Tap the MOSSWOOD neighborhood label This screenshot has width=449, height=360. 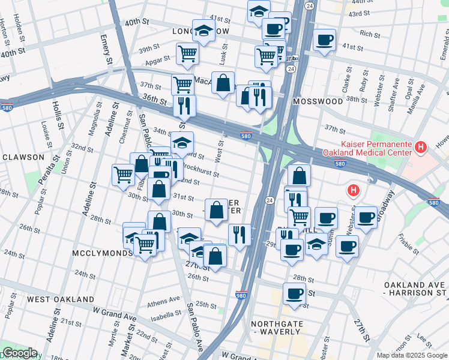click(x=318, y=101)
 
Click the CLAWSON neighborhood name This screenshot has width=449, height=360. click(x=23, y=157)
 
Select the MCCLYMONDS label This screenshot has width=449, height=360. click(x=102, y=253)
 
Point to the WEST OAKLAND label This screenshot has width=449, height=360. click(x=61, y=299)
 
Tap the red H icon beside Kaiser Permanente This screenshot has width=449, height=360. click(x=420, y=146)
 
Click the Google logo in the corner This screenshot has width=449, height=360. click(x=20, y=353)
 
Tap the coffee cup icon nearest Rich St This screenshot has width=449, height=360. click(x=325, y=40)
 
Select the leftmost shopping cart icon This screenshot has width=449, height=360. click(x=123, y=175)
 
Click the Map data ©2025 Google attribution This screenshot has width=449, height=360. click(x=411, y=355)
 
